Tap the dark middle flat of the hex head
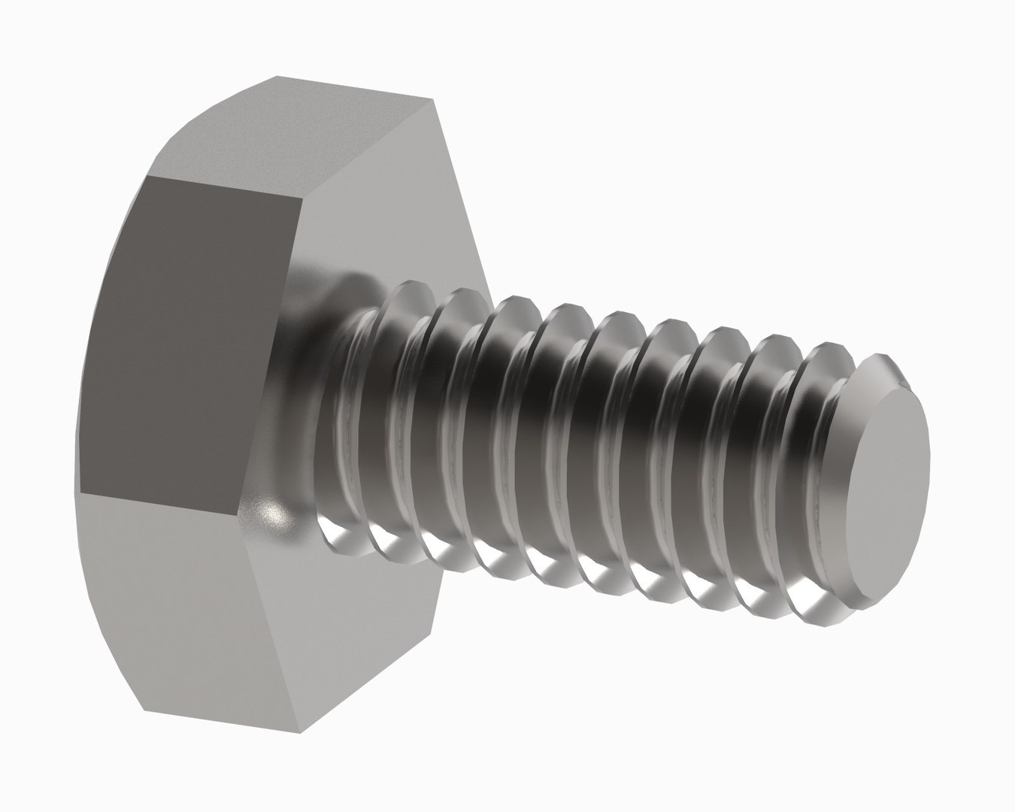pyautogui.click(x=192, y=338)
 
